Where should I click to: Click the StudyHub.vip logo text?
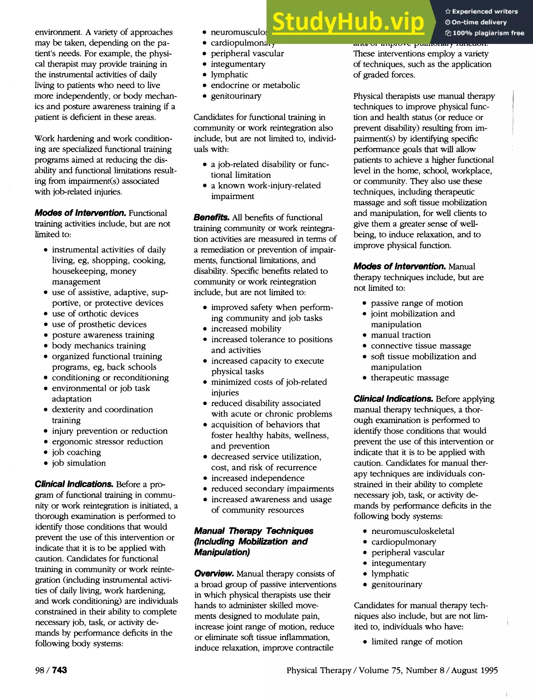(x=348, y=22)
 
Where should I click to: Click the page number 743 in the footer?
(x=59, y=670)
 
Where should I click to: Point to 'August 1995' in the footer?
(x=474, y=670)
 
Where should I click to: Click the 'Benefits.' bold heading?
(x=211, y=217)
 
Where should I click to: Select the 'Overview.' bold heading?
(x=214, y=573)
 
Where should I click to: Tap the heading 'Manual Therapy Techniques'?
(x=253, y=531)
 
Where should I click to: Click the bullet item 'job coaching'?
(x=77, y=452)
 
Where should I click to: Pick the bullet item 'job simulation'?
(x=79, y=463)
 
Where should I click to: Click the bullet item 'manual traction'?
(x=401, y=335)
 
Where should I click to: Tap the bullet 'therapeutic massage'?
(x=410, y=377)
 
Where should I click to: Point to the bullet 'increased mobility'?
(x=246, y=329)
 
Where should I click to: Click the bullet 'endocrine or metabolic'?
(x=255, y=85)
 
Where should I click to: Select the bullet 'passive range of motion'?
(x=417, y=303)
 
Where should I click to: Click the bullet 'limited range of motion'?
(x=417, y=641)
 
